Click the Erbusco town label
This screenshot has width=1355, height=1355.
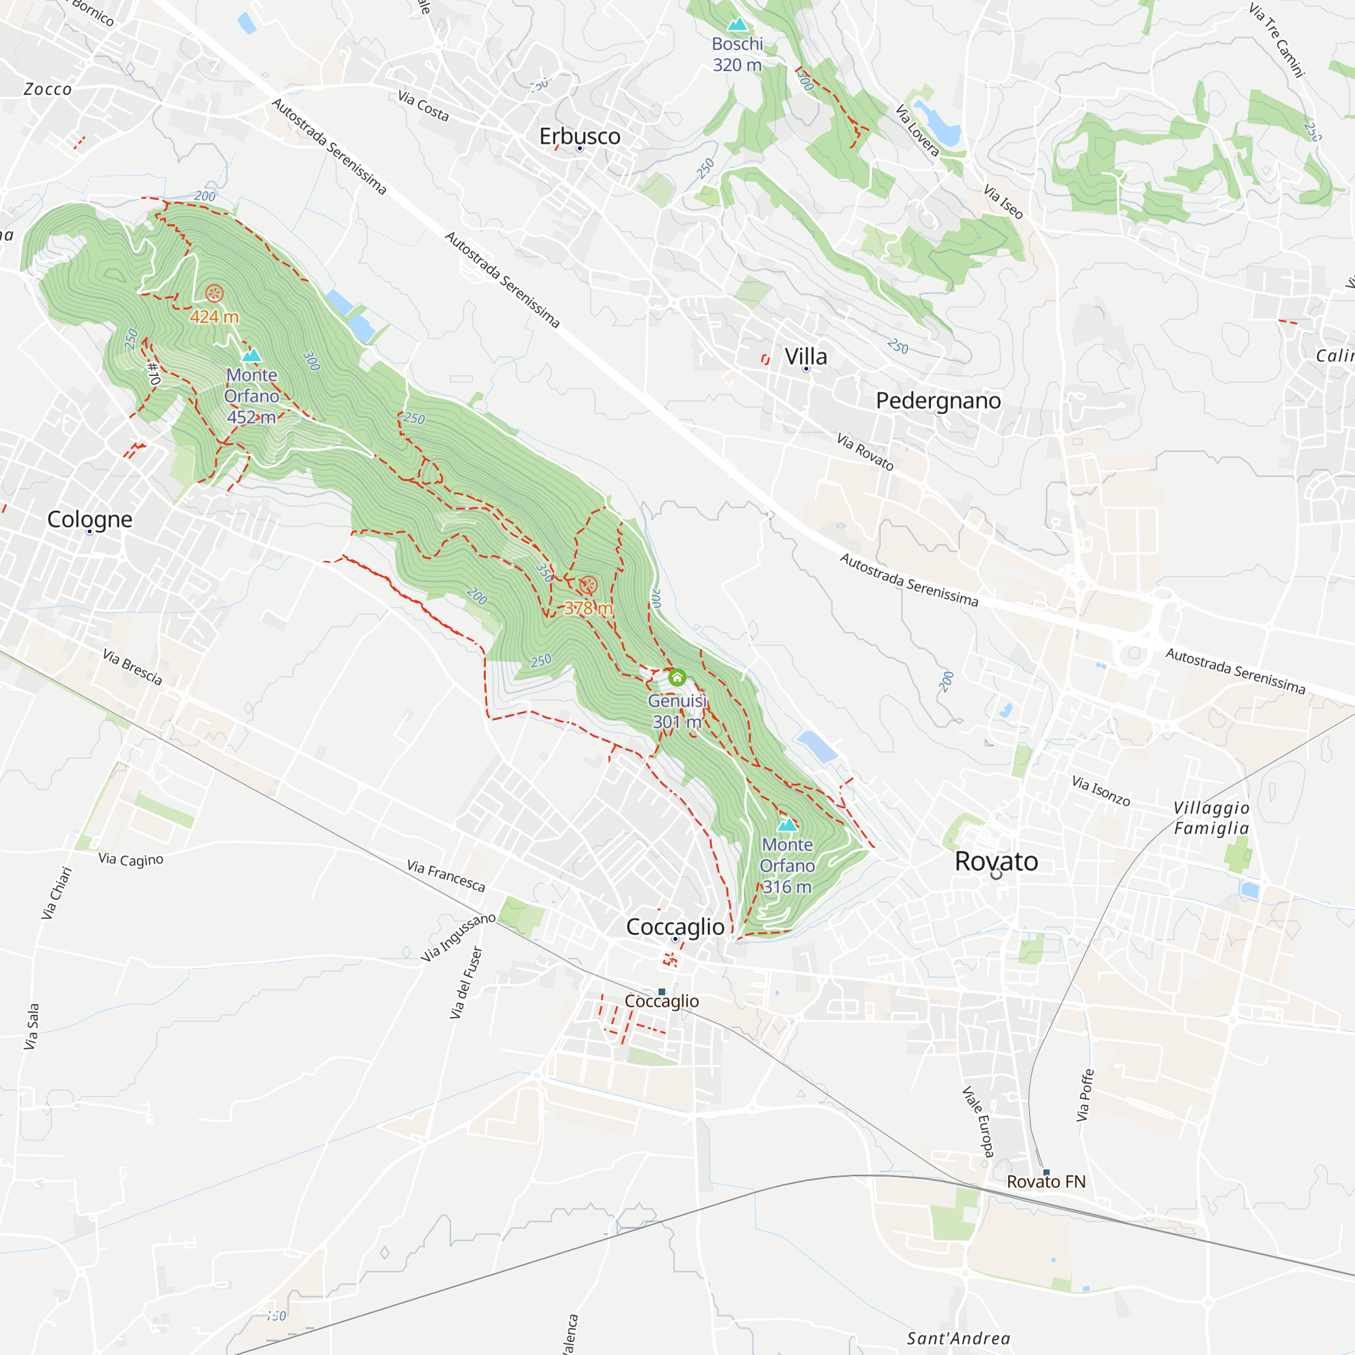[x=579, y=136]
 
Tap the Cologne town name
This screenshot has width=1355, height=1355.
[x=90, y=520]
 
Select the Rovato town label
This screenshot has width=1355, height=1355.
[x=996, y=861]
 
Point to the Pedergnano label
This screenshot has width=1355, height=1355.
[x=938, y=401]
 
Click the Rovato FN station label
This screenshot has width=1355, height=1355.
[x=1045, y=1182]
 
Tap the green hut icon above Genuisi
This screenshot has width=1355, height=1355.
[x=677, y=677]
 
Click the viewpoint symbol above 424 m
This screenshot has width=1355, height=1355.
[x=214, y=293]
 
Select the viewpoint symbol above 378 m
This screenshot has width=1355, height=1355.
[x=589, y=584]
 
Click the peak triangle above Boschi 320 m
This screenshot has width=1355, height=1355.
[x=737, y=25]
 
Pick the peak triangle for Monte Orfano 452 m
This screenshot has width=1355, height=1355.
[x=251, y=356]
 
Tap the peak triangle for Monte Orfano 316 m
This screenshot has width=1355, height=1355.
[x=787, y=824]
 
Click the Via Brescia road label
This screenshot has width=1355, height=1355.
[x=133, y=667]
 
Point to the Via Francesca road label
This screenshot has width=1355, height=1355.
[x=446, y=876]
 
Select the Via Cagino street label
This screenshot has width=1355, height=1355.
[x=131, y=859]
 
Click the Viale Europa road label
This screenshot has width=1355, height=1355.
[x=978, y=1121]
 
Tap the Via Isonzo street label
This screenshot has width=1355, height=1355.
[x=1100, y=791]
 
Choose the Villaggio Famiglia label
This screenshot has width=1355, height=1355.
[x=1211, y=818]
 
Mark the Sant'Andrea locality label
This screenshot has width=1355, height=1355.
[x=959, y=1338]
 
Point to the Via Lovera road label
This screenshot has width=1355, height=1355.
[x=917, y=131]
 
